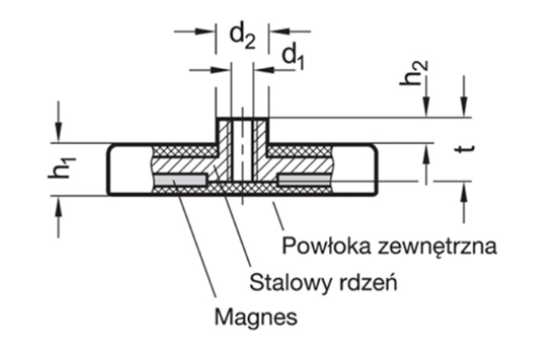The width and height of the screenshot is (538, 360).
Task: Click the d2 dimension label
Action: tap(242, 36)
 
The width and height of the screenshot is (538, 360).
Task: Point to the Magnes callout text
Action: tap(256, 317)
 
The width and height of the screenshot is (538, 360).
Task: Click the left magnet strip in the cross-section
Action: tap(181, 179)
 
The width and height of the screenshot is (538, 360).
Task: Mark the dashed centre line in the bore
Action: tap(242, 153)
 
